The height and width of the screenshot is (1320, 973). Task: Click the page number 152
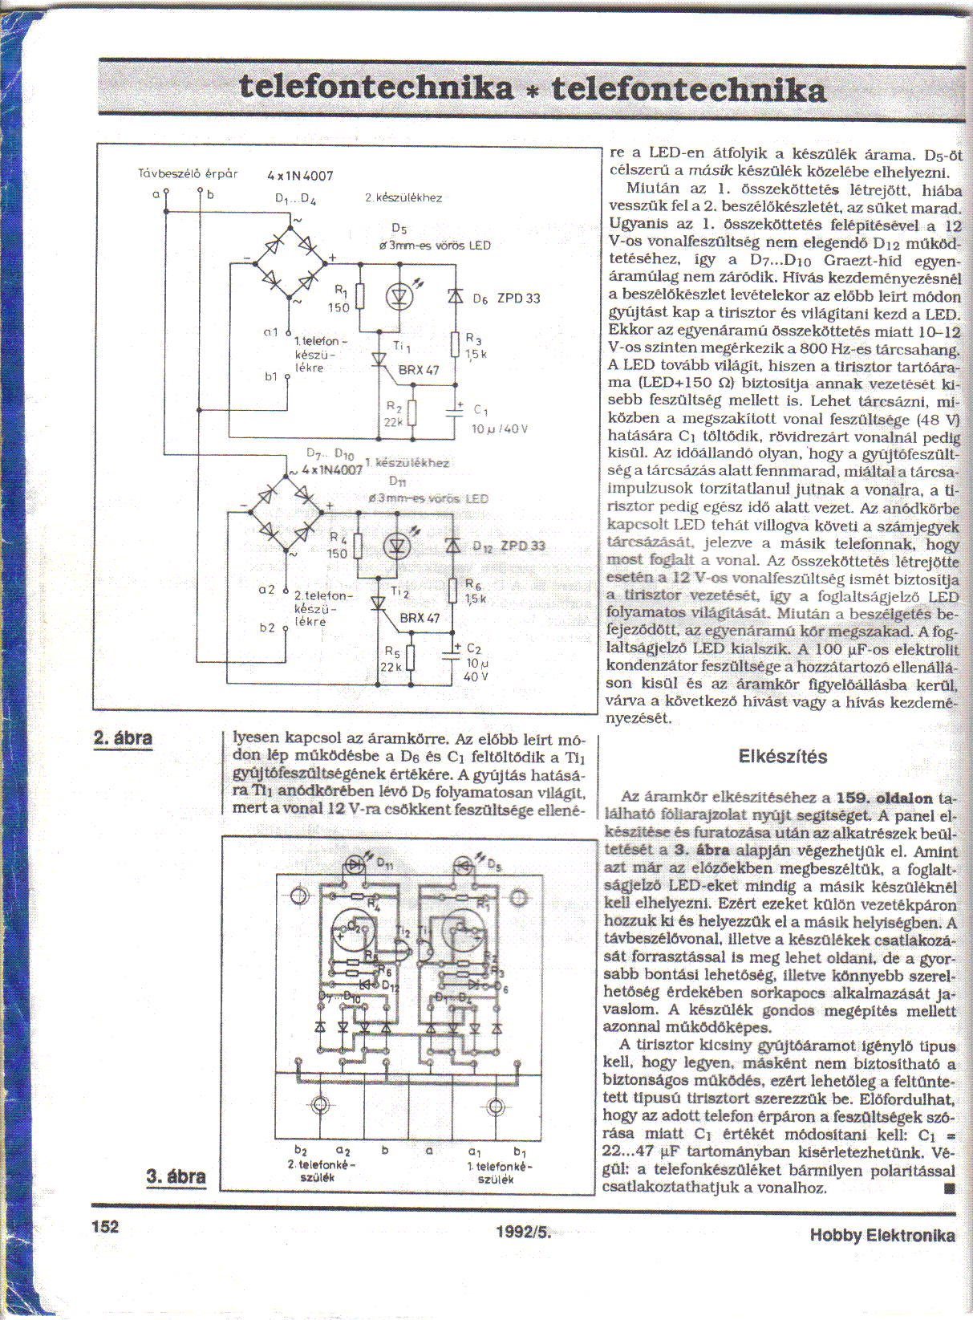(x=105, y=1227)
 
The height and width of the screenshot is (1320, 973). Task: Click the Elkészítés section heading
(x=782, y=757)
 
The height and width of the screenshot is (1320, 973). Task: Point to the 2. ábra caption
(x=123, y=738)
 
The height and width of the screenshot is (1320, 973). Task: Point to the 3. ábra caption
(x=176, y=1177)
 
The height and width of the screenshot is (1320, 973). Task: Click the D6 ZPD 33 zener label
(x=506, y=299)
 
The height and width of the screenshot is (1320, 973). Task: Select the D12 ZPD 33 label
(x=509, y=546)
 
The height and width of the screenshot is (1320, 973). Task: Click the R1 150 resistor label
(x=339, y=299)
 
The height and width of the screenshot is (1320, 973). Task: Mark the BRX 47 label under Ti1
(x=419, y=370)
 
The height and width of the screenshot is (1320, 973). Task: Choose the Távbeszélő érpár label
(x=188, y=173)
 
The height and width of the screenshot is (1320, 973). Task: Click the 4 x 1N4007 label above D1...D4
(x=300, y=176)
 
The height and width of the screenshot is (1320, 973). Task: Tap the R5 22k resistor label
(x=391, y=659)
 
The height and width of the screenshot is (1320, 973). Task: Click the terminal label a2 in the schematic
(x=266, y=590)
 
